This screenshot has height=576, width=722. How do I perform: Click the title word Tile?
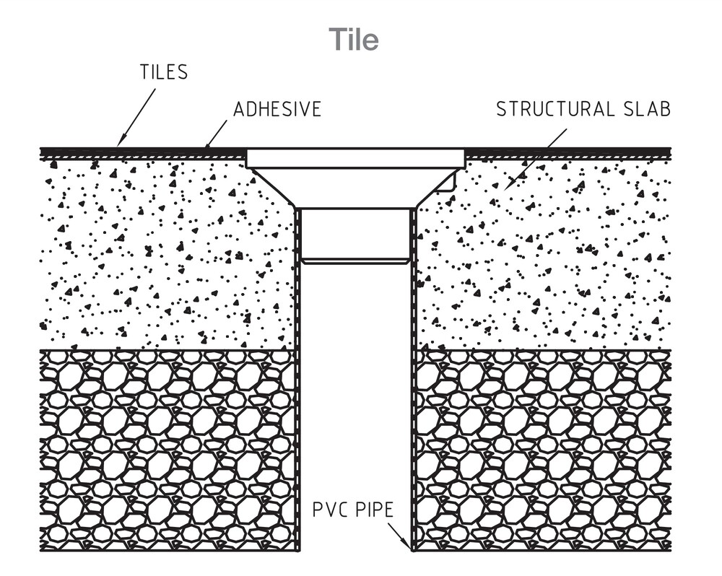(354, 39)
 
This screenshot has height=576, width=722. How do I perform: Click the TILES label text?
(164, 72)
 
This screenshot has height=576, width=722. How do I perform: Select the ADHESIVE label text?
(277, 110)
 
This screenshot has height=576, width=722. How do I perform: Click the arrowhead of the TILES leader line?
(120, 144)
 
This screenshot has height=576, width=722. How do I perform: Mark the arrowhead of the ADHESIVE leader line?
(206, 147)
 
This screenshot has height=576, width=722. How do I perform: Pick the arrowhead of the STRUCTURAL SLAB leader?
(508, 187)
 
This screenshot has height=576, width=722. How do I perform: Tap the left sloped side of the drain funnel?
(274, 188)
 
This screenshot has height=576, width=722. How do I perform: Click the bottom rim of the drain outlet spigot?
(355, 261)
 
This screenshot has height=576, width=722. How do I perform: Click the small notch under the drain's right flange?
(450, 185)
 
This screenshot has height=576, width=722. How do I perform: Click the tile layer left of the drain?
(144, 151)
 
